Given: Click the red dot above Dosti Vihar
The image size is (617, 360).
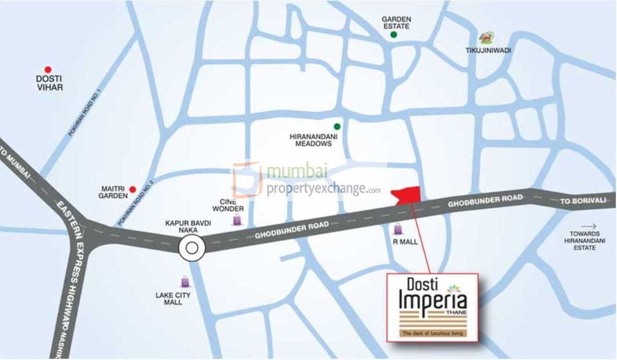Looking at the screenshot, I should pos(48,69).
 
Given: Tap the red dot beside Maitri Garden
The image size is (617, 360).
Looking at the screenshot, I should pos(132,189).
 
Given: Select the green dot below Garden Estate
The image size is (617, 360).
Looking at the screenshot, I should pos(394,35).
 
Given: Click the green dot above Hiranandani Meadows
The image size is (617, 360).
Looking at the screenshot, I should pos(336,126).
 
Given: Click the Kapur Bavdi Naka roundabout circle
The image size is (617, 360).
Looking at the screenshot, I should pos(192,249).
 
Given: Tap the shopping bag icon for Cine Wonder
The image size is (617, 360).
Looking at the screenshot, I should pos(237,219).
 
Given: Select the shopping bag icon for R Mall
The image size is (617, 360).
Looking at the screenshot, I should pos(398,229).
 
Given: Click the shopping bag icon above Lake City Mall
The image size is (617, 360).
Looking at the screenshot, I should pos(184,282).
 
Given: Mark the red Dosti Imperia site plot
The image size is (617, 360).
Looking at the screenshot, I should pos(408,195).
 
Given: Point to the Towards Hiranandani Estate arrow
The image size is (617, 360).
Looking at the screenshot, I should pos(589,226).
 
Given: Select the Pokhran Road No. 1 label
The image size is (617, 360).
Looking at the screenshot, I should pos(85,113).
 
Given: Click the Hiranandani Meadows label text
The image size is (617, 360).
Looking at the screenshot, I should pos(310,140).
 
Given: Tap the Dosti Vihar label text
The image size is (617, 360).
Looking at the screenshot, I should pos(49,83).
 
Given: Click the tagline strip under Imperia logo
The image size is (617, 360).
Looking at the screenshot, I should pos(432,333).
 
